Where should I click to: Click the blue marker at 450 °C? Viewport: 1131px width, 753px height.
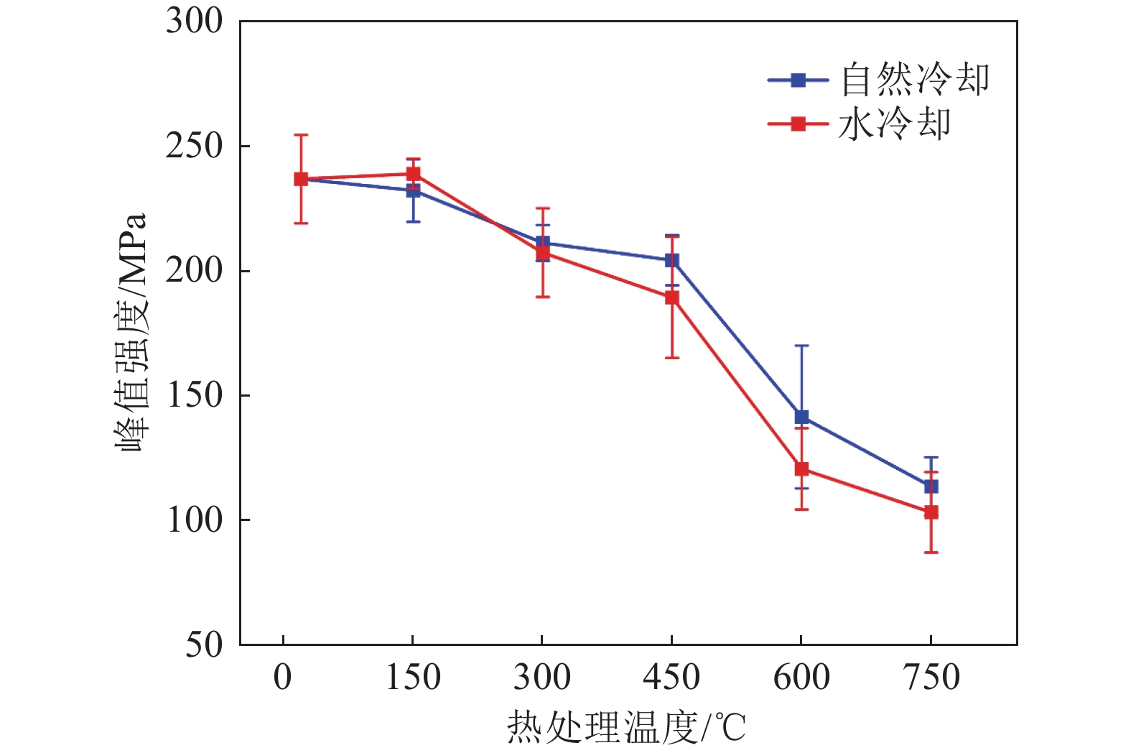671,260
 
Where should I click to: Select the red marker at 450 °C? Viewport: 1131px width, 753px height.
671,297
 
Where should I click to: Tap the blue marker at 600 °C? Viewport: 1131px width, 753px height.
801,417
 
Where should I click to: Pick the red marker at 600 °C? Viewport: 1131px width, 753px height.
801,469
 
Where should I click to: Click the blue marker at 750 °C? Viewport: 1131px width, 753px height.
931,486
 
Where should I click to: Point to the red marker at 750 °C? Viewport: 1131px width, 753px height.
931,512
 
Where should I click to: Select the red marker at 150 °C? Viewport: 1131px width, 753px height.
413,174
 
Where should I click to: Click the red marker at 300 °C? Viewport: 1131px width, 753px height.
542,253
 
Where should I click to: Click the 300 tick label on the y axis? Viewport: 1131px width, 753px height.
194,22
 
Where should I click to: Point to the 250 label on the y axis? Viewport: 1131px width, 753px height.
194,146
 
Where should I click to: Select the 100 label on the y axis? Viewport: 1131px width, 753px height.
194,519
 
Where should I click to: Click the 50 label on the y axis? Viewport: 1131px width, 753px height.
204,645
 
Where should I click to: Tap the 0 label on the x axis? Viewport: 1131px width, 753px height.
283,677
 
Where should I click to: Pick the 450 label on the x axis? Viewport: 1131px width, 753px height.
671,677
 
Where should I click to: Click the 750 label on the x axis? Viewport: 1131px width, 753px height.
931,677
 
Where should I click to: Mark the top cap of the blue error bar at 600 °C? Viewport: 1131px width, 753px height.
801,346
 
